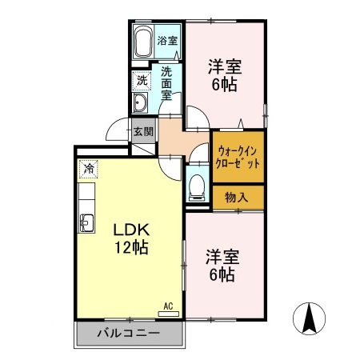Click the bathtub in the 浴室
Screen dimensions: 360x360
(x=142, y=42)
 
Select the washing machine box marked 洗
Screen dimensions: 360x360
(x=142, y=80)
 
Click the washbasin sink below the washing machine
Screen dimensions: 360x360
(x=140, y=106)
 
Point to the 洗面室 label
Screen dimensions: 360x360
(x=167, y=82)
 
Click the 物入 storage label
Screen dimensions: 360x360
(x=236, y=197)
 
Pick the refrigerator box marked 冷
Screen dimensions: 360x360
(x=89, y=170)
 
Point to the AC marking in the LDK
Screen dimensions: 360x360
(x=169, y=306)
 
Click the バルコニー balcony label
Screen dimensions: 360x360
(x=129, y=333)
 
